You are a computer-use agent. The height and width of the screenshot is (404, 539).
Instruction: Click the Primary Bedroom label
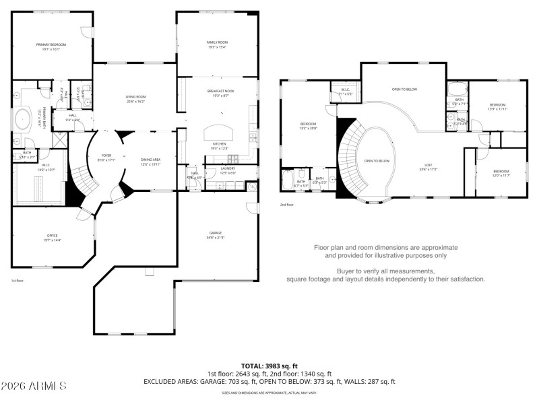click(51, 44)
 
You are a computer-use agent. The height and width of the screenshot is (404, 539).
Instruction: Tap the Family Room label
click(217, 42)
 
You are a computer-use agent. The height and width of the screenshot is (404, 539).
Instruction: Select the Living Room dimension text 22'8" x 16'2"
click(135, 102)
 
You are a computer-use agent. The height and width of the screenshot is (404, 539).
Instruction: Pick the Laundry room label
click(228, 168)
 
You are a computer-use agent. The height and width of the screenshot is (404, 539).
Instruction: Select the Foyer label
click(106, 155)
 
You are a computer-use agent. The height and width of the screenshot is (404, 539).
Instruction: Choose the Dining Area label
click(150, 160)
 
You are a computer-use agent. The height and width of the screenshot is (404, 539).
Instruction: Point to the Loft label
click(428, 164)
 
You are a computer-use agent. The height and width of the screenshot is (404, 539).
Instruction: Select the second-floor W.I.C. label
click(344, 89)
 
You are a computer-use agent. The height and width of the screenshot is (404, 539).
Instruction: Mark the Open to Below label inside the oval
click(377, 161)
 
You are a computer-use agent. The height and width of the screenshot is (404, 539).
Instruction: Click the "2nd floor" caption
click(287, 205)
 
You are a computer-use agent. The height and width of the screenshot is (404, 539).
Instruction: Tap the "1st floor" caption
click(18, 280)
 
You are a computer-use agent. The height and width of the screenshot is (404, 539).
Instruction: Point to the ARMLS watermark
click(34, 386)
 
